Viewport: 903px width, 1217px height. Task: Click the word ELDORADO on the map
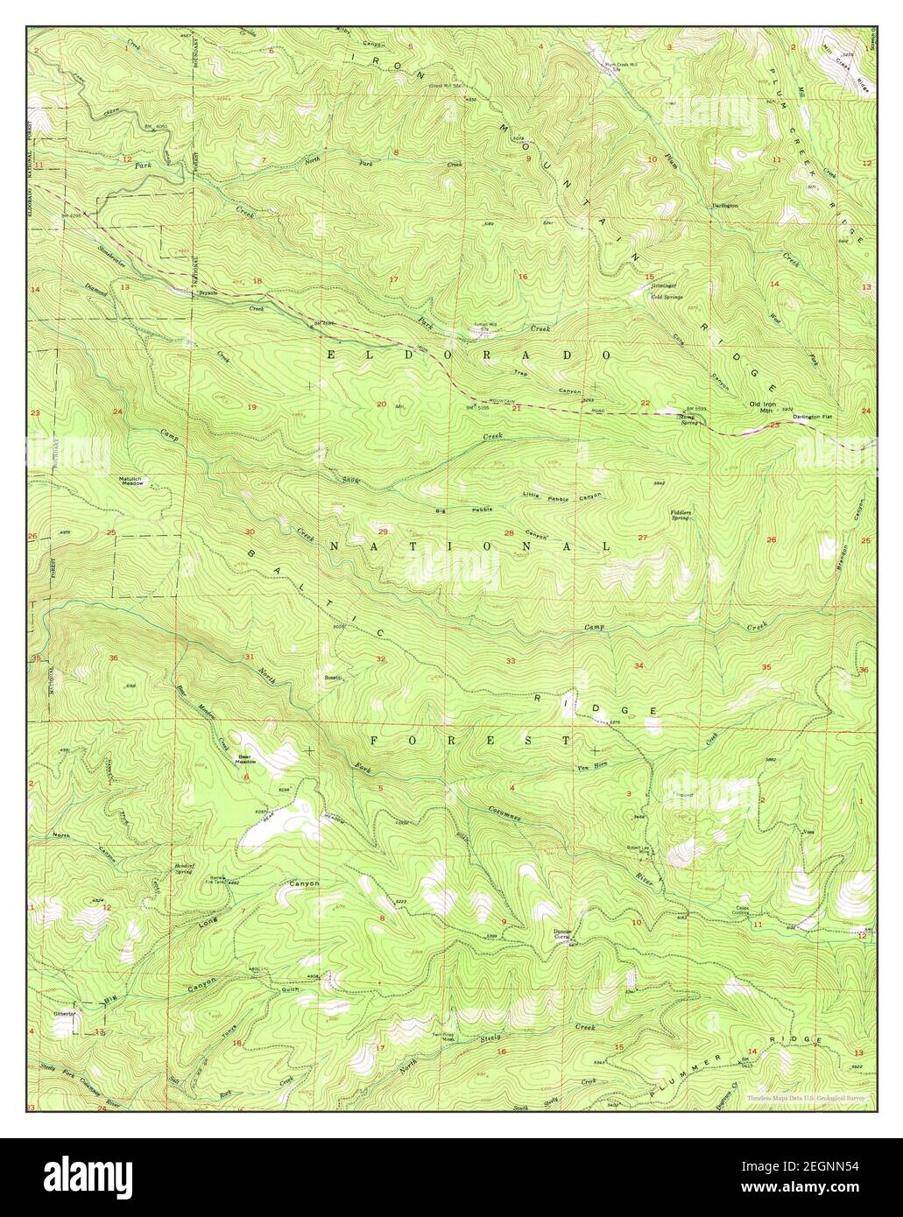[468, 355]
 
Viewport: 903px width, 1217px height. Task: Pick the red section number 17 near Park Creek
[394, 280]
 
